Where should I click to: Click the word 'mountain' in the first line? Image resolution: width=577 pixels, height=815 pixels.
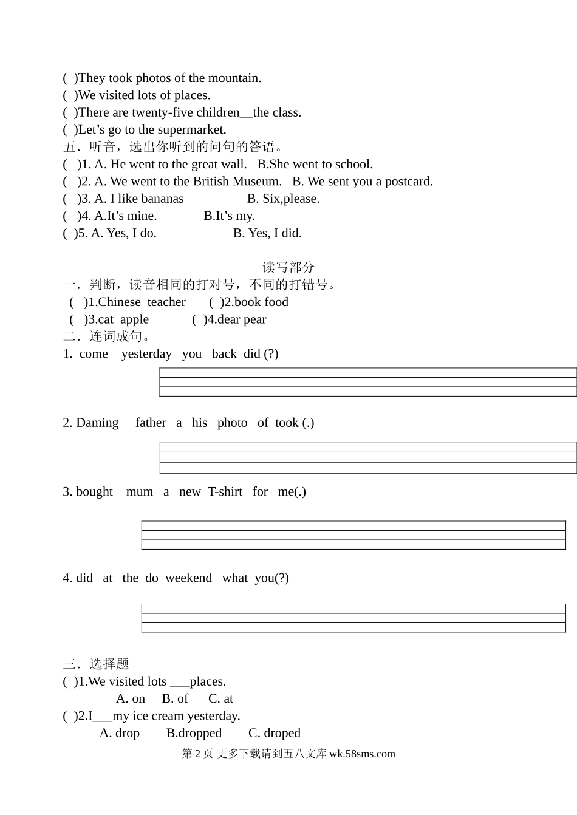coord(233,78)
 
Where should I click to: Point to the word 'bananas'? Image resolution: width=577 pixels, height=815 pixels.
coord(162,199)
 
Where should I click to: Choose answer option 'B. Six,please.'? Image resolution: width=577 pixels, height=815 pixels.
coord(283,199)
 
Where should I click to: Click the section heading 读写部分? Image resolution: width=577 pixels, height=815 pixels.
coord(288,267)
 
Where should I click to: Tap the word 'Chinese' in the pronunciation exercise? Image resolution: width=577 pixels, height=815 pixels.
coord(119,302)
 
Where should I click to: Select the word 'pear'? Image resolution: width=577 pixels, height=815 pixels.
coord(255,319)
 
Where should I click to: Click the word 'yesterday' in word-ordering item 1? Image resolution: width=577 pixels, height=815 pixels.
coord(146,354)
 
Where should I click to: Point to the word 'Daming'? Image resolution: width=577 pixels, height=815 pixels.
coord(97,423)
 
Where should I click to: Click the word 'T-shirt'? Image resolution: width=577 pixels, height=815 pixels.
coord(225,492)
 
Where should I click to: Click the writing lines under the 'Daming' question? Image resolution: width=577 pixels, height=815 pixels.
coord(367,458)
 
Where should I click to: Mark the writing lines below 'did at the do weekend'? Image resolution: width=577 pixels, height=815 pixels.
coord(353,618)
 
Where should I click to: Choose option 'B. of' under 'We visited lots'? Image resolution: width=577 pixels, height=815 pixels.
coord(175,699)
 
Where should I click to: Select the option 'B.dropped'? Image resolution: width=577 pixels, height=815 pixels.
coord(194,734)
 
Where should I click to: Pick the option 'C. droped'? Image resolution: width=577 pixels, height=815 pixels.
coord(275,734)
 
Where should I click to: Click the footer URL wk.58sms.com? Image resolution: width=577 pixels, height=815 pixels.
coord(362,754)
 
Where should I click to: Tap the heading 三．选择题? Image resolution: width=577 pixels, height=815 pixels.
coord(96,664)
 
